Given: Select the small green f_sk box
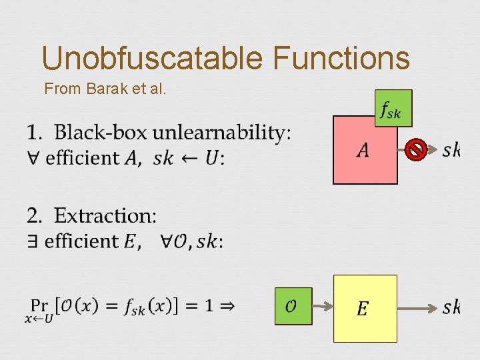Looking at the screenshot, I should pyautogui.click(x=393, y=108).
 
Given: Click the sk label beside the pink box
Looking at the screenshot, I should pyautogui.click(x=451, y=151).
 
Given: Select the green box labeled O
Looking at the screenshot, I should pyautogui.click(x=293, y=307).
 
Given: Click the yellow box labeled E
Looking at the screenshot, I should pyautogui.click(x=365, y=308).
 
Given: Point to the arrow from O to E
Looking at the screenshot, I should pyautogui.click(x=323, y=307).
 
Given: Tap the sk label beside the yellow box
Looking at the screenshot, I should pyautogui.click(x=451, y=307).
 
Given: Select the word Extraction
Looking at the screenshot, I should pyautogui.click(x=105, y=216).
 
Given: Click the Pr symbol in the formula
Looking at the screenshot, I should pyautogui.click(x=39, y=306).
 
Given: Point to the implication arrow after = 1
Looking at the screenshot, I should pyautogui.click(x=227, y=306).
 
